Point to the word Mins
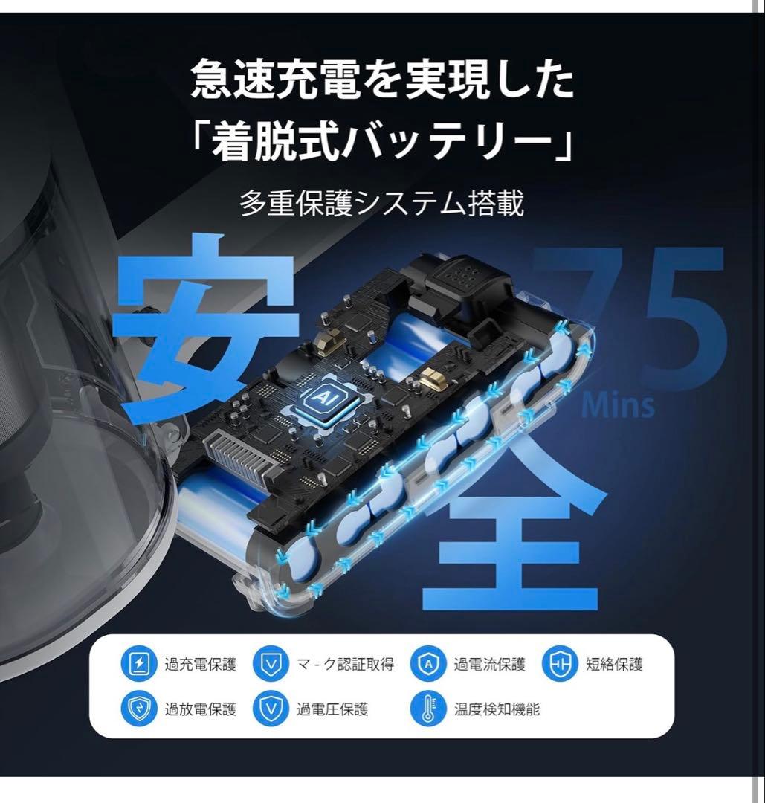(x=619, y=406)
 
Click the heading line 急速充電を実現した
(x=382, y=81)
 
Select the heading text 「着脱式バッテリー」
(x=382, y=138)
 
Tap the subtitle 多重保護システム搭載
(x=382, y=202)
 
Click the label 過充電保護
(x=200, y=664)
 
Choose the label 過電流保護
(x=489, y=664)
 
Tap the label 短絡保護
(x=614, y=664)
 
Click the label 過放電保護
(x=200, y=709)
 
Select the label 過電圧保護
(x=332, y=709)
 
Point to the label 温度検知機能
(x=497, y=709)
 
